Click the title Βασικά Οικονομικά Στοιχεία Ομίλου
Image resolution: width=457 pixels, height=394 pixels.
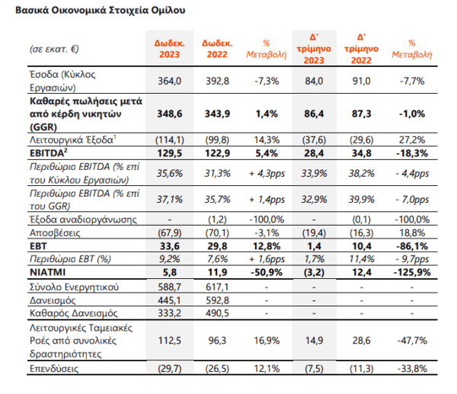pyautogui.click(x=100, y=10)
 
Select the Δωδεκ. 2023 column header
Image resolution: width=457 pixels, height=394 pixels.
pyautogui.click(x=169, y=49)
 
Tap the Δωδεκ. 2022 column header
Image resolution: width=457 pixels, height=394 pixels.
pyautogui.click(x=217, y=49)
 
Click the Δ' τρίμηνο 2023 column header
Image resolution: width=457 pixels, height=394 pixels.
pyautogui.click(x=314, y=49)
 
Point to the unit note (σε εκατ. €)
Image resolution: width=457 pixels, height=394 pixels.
pyautogui.click(x=54, y=49)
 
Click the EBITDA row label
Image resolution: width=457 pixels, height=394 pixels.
pyautogui.click(x=49, y=152)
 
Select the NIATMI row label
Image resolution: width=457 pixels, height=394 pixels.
pyautogui.click(x=47, y=272)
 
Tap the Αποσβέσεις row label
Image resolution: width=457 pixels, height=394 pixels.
pyautogui.click(x=55, y=232)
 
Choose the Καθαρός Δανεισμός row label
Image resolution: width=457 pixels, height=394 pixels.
pyautogui.click(x=74, y=313)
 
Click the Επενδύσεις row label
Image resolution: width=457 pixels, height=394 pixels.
pyautogui.click(x=54, y=368)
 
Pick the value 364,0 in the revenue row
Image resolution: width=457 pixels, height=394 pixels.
pyautogui.click(x=169, y=81)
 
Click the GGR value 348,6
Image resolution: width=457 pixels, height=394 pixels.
pyautogui.click(x=170, y=114)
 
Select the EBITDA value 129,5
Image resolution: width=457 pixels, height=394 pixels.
pyautogui.click(x=170, y=153)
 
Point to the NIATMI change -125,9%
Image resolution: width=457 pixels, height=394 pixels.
pyautogui.click(x=412, y=272)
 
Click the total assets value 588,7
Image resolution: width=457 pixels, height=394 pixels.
pyautogui.click(x=169, y=287)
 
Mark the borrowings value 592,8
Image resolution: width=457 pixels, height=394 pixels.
pyautogui.click(x=217, y=300)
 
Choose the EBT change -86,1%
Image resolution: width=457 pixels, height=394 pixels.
pyautogui.click(x=412, y=246)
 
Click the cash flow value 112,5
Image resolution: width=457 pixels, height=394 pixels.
pyautogui.click(x=169, y=341)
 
